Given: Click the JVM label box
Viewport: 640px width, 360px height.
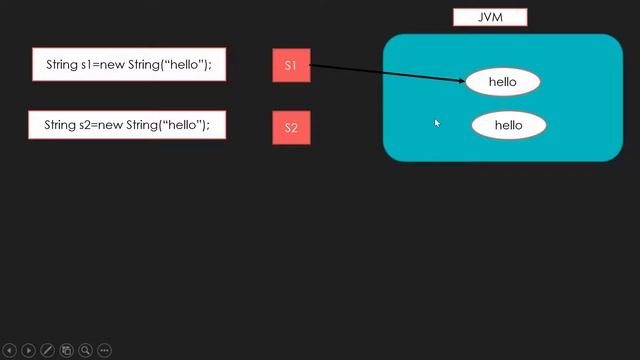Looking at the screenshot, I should pyautogui.click(x=489, y=17).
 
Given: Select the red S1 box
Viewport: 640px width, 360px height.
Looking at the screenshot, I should pyautogui.click(x=291, y=66).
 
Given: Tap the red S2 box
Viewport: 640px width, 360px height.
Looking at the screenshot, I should pyautogui.click(x=291, y=128).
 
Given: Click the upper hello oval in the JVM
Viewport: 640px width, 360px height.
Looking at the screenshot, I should pyautogui.click(x=502, y=82).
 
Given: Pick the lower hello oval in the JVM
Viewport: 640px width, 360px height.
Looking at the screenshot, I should pyautogui.click(x=508, y=125).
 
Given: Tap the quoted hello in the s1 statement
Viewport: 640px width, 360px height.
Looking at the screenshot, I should pyautogui.click(x=185, y=65).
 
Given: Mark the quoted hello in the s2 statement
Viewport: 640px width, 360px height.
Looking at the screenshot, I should pyautogui.click(x=184, y=125).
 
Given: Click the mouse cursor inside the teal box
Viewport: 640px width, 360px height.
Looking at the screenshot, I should pyautogui.click(x=437, y=123).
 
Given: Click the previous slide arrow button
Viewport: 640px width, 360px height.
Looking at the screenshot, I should pyautogui.click(x=9, y=351).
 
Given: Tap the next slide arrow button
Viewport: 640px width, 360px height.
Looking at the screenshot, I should pyautogui.click(x=28, y=351).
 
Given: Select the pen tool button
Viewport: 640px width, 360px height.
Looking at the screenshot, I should pyautogui.click(x=47, y=351).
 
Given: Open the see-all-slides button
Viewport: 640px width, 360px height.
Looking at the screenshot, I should pyautogui.click(x=66, y=351).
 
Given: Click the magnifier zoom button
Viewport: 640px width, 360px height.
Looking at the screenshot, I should pyautogui.click(x=85, y=351).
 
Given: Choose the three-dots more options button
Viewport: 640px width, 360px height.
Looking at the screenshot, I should pyautogui.click(x=104, y=351).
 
